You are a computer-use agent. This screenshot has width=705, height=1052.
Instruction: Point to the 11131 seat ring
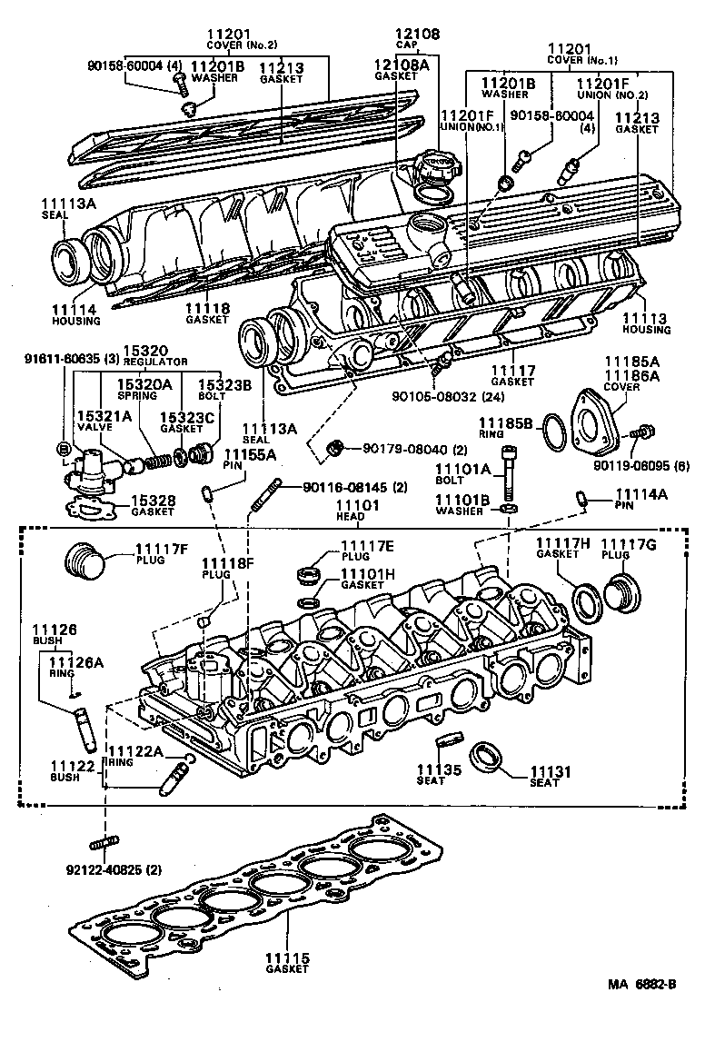pyautogui.click(x=489, y=759)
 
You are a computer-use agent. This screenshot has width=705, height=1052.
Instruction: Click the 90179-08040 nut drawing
pyautogui.click(x=334, y=447)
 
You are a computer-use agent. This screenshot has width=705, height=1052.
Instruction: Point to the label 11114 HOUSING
pyautogui.click(x=70, y=313)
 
